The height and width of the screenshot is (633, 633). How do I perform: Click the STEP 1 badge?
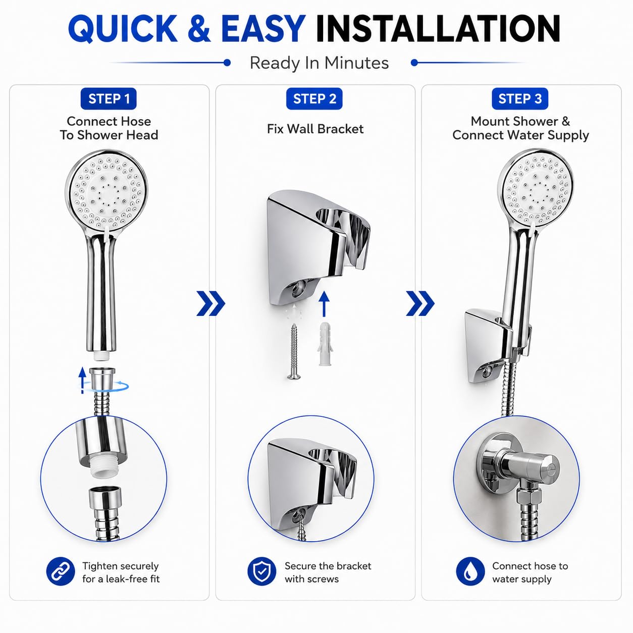click(109, 98)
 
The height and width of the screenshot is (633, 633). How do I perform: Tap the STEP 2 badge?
click(314, 98)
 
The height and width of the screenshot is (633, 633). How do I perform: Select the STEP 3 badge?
click(520, 98)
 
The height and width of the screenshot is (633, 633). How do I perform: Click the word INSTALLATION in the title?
click(438, 28)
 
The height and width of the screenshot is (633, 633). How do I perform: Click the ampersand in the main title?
click(199, 28)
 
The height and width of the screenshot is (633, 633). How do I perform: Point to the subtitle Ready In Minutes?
click(319, 63)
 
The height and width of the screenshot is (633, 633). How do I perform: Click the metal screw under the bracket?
click(293, 351)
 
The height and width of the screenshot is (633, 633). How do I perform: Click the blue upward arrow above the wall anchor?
click(324, 304)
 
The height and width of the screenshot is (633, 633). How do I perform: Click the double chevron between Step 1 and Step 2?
click(211, 303)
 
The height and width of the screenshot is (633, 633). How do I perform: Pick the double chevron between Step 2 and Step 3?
click(420, 303)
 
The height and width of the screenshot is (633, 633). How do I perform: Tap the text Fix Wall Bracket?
click(315, 129)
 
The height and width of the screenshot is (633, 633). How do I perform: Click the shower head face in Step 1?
click(106, 191)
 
